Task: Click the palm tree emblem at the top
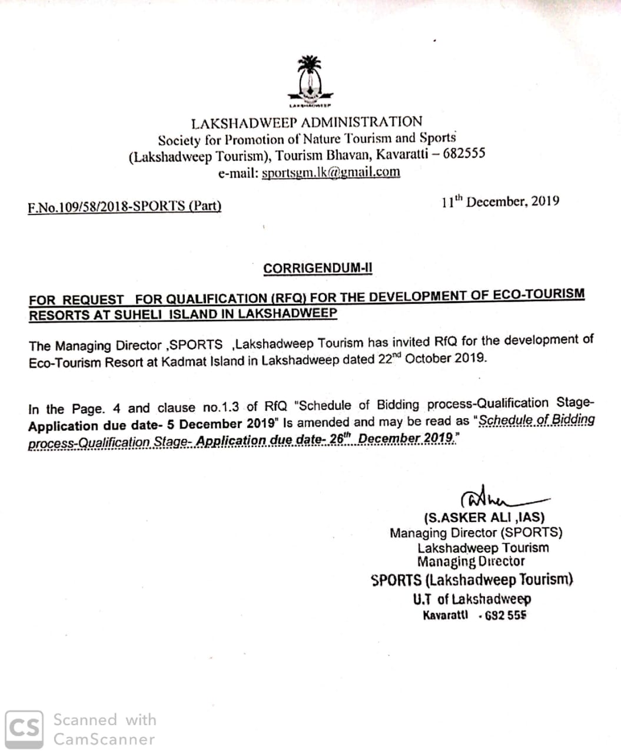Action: tap(310, 80)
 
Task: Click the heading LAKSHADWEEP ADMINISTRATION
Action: tap(307, 123)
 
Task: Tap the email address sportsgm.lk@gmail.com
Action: tap(331, 173)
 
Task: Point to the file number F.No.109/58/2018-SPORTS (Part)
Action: tap(124, 207)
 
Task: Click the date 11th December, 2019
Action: tap(500, 201)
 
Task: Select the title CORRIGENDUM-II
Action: tap(318, 269)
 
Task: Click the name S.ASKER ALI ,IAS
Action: tap(484, 518)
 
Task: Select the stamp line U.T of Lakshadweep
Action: tap(471, 599)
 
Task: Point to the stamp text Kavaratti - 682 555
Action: tap(474, 616)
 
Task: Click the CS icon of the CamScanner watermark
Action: tap(24, 729)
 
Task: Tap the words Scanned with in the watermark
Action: tap(105, 720)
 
